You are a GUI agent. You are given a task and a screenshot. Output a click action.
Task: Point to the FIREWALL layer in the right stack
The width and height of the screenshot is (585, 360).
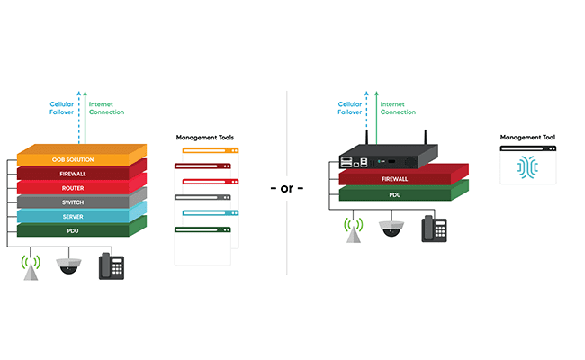396,178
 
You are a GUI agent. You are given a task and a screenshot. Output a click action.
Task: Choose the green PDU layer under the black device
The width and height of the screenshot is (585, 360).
396,193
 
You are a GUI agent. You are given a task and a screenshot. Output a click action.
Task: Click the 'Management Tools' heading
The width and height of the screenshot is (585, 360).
206,138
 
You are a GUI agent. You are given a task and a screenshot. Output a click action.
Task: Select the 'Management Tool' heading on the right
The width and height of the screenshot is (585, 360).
527,138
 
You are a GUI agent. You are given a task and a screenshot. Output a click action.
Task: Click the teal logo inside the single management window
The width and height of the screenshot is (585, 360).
528,169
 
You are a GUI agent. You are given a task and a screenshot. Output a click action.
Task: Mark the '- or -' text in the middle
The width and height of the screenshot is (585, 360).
287,188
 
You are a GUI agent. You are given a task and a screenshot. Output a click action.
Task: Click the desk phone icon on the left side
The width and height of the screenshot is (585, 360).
112,265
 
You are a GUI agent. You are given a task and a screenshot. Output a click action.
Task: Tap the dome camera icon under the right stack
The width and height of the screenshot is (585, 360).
391,229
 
